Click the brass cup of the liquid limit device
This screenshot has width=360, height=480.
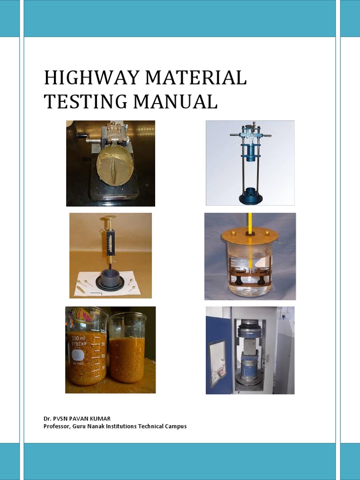point(115,165)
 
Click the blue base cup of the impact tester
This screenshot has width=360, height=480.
point(251,196)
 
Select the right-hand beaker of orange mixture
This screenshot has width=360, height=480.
point(127,349)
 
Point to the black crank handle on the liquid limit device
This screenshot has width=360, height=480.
point(82,136)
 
